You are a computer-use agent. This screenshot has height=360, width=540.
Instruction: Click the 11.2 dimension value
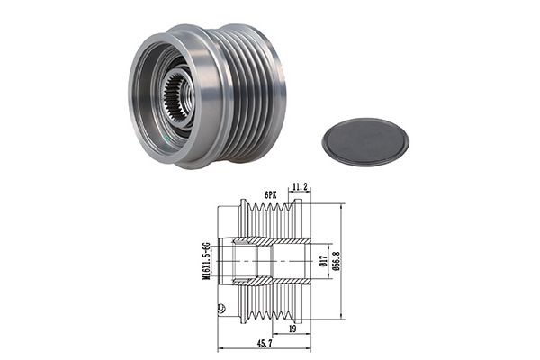[300, 187]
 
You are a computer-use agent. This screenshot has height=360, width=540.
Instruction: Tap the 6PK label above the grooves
[271, 195]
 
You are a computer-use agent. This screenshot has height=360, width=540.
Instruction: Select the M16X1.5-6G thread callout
[206, 261]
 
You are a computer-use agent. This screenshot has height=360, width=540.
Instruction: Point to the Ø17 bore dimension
[323, 261]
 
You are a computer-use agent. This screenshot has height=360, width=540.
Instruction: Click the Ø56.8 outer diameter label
[337, 261]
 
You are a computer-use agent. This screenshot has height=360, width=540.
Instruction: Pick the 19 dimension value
[292, 329]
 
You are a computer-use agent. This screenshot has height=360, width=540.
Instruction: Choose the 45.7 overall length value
[264, 344]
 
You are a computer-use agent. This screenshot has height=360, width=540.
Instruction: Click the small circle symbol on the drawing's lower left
[222, 307]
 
